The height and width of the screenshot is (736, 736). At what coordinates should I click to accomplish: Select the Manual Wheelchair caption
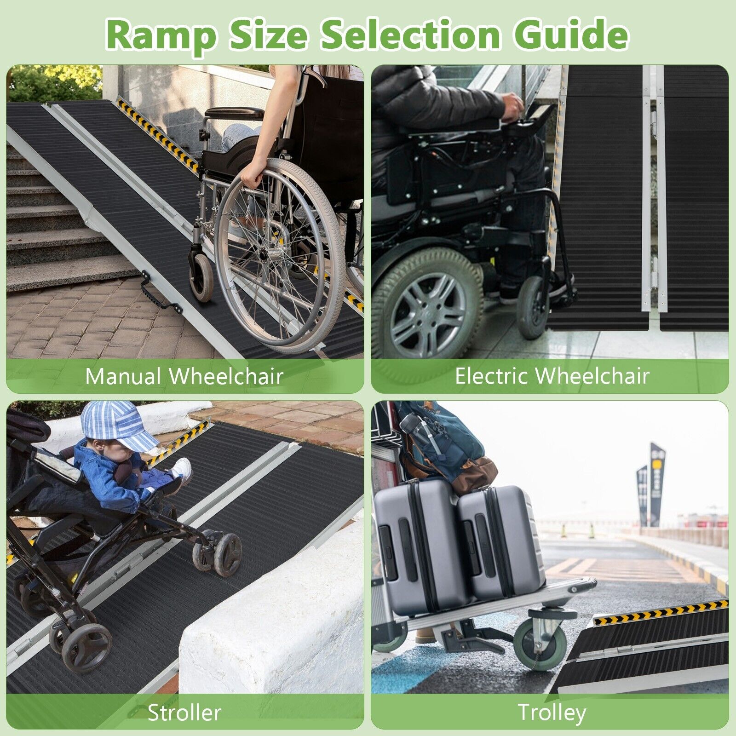pyautogui.click(x=184, y=376)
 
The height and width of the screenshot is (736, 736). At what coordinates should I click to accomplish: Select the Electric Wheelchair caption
pyautogui.click(x=552, y=376)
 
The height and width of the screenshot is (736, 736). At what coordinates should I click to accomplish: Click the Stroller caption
pyautogui.click(x=184, y=713)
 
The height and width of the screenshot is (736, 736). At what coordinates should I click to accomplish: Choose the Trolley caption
pyautogui.click(x=552, y=713)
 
